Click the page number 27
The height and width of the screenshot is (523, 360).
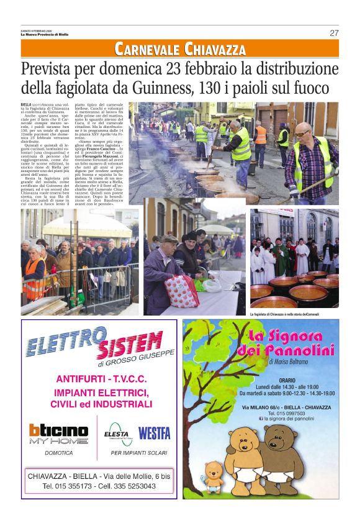(x=334, y=33)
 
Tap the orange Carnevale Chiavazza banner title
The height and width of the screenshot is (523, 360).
(x=180, y=48)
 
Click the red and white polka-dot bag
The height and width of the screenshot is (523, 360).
(x=182, y=291)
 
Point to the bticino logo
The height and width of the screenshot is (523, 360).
(x=58, y=430)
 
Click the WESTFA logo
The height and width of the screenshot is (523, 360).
(x=154, y=433)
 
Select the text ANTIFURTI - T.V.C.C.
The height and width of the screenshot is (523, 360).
(x=99, y=379)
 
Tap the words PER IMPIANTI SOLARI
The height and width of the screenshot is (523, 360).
(x=137, y=453)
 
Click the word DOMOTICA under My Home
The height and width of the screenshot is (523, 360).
(x=58, y=453)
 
